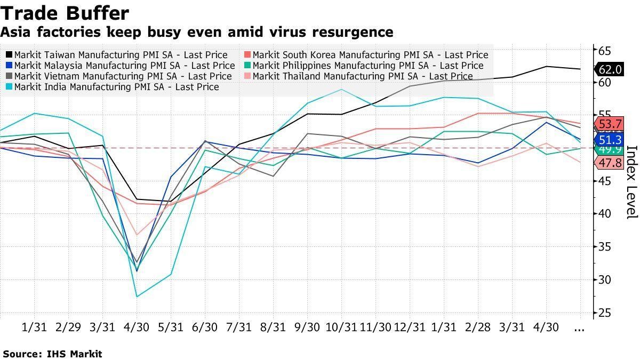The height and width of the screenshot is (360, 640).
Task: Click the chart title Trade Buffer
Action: (65, 13)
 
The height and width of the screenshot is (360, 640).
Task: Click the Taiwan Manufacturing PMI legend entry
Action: (121, 55)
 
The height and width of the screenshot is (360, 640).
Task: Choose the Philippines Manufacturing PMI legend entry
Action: (368, 66)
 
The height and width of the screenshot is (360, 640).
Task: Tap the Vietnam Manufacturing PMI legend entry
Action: (123, 76)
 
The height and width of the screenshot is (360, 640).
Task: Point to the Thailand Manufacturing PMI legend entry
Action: (363, 76)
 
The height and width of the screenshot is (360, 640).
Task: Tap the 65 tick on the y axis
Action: (604, 51)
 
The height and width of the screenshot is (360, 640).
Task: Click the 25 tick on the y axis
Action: (604, 313)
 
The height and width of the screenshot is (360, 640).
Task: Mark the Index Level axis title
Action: (631, 182)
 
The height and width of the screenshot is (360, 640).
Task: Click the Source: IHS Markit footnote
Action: (52, 354)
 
